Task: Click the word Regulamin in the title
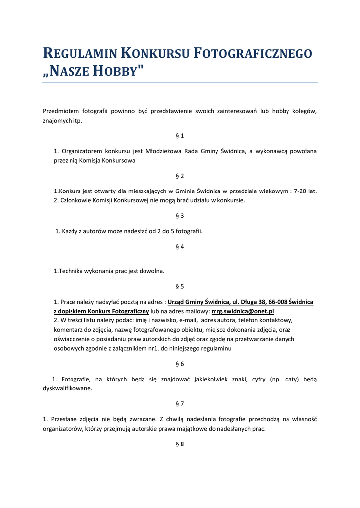coord(79,54)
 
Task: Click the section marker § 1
coord(180,135)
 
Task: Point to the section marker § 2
coord(180,176)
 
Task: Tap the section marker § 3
coord(180,216)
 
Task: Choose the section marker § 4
coord(180,246)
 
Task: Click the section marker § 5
coord(180,286)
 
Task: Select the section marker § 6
coord(180,364)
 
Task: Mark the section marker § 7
coord(180,404)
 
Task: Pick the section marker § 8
coord(180,444)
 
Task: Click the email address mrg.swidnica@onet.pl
coord(243,311)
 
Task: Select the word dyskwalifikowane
coord(68,388)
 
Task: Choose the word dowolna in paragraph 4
coord(152,271)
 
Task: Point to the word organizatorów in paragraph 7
coord(63,429)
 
